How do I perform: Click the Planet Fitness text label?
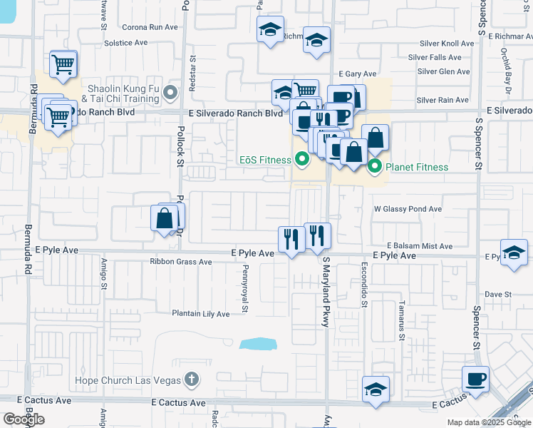pyautogui.click(x=417, y=168)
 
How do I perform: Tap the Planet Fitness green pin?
pyautogui.click(x=376, y=168)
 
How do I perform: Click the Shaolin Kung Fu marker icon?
pyautogui.click(x=170, y=93)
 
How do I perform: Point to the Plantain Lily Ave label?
pyautogui.click(x=200, y=314)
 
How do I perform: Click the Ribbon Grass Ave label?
pyautogui.click(x=181, y=262)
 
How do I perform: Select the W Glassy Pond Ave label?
pyautogui.click(x=408, y=210)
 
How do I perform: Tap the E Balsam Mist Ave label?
pyautogui.click(x=420, y=246)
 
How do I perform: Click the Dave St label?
pyautogui.click(x=498, y=294)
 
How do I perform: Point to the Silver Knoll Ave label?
pyautogui.click(x=445, y=43)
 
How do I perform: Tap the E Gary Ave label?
pyautogui.click(x=357, y=73)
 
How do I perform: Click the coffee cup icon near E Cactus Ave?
pyautogui.click(x=476, y=379)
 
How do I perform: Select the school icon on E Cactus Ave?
pyautogui.click(x=376, y=389)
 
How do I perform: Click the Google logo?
pyautogui.click(x=24, y=419)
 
